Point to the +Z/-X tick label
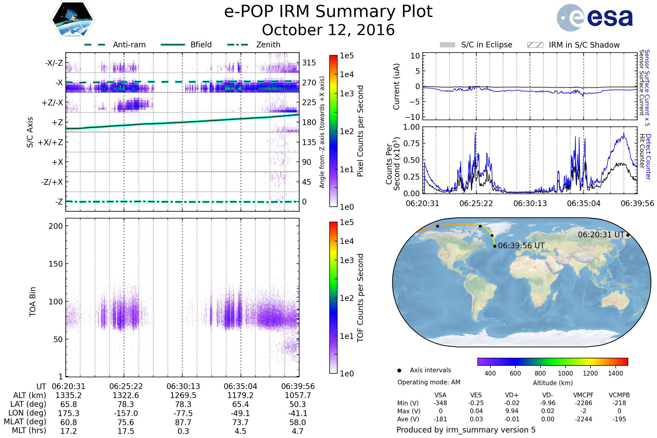coord(52,103)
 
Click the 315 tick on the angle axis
coord(309,63)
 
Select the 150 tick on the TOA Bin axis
coord(56,264)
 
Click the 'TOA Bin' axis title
coord(33,302)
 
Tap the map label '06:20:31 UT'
coord(601,235)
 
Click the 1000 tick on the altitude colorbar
coord(565,373)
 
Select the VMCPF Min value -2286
coord(583,403)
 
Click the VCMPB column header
coord(619,395)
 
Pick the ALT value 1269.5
coord(183,396)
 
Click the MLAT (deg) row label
coord(25,422)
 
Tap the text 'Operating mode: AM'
coord(429,382)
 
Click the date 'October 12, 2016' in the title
coord(328,30)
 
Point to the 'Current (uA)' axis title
coord(396,87)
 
